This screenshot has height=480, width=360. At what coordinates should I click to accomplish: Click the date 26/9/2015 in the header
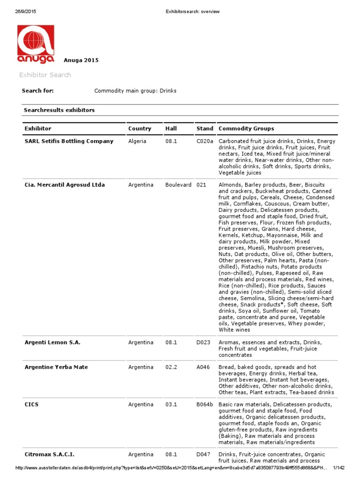[25, 12]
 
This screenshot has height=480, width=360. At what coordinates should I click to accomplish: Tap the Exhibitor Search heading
[45, 75]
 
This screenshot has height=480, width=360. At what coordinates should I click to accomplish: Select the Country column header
[140, 128]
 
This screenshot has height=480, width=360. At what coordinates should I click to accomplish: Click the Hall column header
[171, 128]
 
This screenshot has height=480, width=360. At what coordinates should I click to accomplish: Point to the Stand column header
[205, 128]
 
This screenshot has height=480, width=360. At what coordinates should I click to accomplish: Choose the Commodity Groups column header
[246, 128]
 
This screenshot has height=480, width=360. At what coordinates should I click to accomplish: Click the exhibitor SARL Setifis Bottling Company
[69, 141]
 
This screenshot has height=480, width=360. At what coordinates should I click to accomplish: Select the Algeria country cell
[137, 141]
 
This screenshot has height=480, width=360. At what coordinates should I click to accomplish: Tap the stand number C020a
[205, 141]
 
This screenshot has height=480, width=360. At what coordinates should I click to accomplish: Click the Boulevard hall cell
[178, 185]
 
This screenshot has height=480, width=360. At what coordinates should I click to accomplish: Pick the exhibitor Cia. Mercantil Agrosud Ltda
[65, 185]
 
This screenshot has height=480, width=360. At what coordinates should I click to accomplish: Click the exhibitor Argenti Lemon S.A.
[52, 343]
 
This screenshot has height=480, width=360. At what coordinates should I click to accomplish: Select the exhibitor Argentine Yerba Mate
[56, 367]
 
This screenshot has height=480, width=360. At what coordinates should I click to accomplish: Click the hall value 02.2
[171, 367]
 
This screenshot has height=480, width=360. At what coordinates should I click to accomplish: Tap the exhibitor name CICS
[32, 405]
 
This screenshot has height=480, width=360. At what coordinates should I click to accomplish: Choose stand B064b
[205, 405]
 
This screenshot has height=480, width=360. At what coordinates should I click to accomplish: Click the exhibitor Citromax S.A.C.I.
[49, 454]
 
